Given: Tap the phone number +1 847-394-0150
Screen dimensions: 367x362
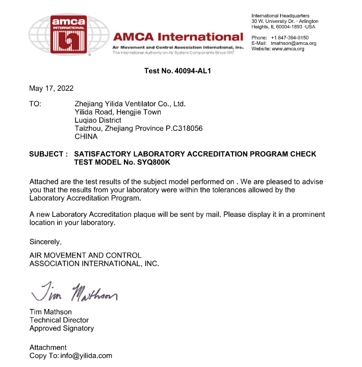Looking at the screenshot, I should pos(290,38).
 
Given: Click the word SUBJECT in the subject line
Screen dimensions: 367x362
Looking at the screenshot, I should pos(46,154).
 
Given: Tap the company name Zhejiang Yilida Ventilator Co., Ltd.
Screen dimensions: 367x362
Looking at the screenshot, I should pos(130,104).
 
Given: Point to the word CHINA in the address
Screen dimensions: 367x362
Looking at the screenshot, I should pos(86,136).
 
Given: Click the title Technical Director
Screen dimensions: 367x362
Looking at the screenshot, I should pos(59,320).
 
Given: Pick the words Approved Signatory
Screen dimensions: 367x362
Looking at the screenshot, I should pos(62,328).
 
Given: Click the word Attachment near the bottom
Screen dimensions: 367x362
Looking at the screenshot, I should pos(48,348).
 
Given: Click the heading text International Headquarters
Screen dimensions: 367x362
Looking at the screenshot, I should pos(280,16).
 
